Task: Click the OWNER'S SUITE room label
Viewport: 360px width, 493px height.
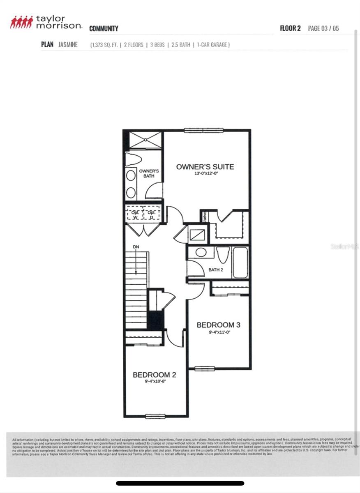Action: pyautogui.click(x=205, y=167)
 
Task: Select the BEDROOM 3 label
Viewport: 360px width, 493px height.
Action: pyautogui.click(x=218, y=325)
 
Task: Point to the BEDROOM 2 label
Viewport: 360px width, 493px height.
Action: pyautogui.click(x=154, y=375)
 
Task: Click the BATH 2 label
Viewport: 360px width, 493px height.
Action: pyautogui.click(x=216, y=270)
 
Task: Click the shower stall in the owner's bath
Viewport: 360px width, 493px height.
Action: pyautogui.click(x=145, y=140)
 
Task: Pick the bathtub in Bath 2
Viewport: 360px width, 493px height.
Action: pyautogui.click(x=240, y=263)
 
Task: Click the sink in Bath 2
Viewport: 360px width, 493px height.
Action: pyautogui.click(x=201, y=252)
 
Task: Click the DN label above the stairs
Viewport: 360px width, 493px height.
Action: pyautogui.click(x=136, y=247)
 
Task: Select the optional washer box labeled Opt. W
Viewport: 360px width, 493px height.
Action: pyautogui.click(x=135, y=214)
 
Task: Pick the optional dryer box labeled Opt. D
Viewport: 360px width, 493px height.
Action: pyautogui.click(x=151, y=214)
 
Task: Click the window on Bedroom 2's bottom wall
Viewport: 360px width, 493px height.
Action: pyautogui.click(x=155, y=416)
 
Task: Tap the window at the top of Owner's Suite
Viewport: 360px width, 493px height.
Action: pyautogui.click(x=204, y=131)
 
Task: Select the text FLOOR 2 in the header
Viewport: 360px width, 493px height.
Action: pyautogui.click(x=290, y=28)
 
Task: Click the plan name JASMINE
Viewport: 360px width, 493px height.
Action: pyautogui.click(x=68, y=44)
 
